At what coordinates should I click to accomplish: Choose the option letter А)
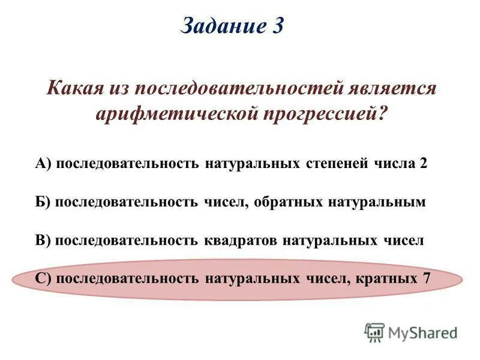click(44, 164)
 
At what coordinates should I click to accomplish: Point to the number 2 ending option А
click(424, 164)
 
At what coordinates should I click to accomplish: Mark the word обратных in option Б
click(288, 202)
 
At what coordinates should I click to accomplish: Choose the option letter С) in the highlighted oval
click(44, 279)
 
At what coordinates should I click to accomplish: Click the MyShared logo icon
click(374, 332)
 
